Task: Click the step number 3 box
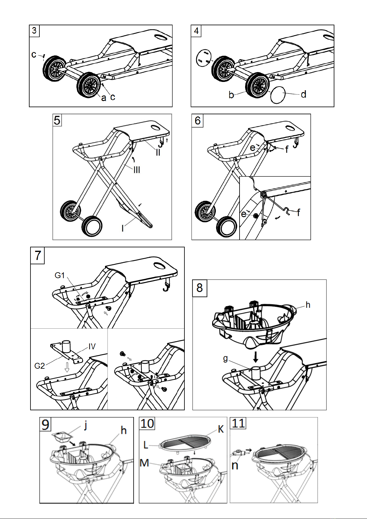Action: [34, 30]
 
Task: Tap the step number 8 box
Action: [200, 288]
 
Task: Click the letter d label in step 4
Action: [304, 94]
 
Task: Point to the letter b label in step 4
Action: [231, 95]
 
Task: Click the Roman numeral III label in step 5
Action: [137, 170]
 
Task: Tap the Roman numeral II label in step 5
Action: [158, 152]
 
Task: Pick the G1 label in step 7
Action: [59, 275]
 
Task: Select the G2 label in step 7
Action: [39, 366]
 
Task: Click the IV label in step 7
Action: [92, 347]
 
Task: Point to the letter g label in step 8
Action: [225, 359]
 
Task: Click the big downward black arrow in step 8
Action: [256, 357]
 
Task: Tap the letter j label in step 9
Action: [86, 425]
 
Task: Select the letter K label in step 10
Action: [221, 429]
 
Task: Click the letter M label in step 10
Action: [144, 463]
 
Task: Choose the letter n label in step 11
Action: [235, 465]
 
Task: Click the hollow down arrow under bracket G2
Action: [67, 367]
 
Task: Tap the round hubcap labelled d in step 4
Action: [278, 95]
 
